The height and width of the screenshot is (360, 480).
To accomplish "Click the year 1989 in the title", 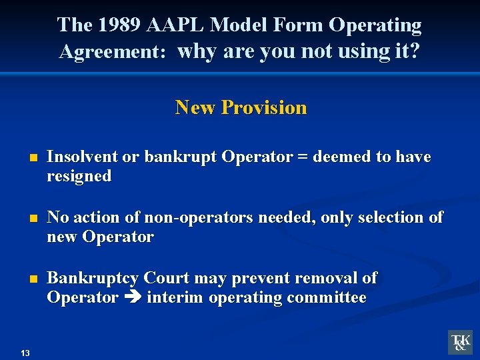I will point(118,25).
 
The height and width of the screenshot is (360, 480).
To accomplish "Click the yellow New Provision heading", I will point(241,107).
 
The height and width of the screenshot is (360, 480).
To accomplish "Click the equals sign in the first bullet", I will point(304,157).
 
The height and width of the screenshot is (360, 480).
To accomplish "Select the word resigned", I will point(79,176).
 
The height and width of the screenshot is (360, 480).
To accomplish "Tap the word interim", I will point(175,297).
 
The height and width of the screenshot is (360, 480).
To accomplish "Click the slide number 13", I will point(25,353).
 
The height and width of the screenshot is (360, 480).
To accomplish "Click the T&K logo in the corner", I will point(460,342).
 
